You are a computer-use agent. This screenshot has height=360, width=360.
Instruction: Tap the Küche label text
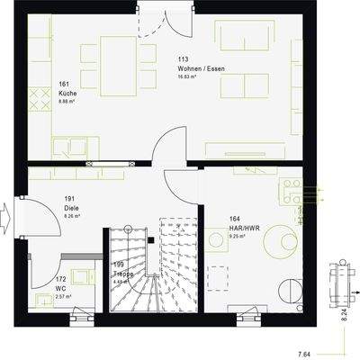67,93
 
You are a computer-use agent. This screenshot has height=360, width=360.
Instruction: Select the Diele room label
71,206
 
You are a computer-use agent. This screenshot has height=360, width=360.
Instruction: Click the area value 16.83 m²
191,77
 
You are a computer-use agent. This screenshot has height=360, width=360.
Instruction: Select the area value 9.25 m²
216,235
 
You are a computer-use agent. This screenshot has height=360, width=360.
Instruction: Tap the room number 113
184,59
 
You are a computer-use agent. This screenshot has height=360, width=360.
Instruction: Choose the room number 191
69,197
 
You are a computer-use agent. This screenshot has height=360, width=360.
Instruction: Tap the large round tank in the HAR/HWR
291,289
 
